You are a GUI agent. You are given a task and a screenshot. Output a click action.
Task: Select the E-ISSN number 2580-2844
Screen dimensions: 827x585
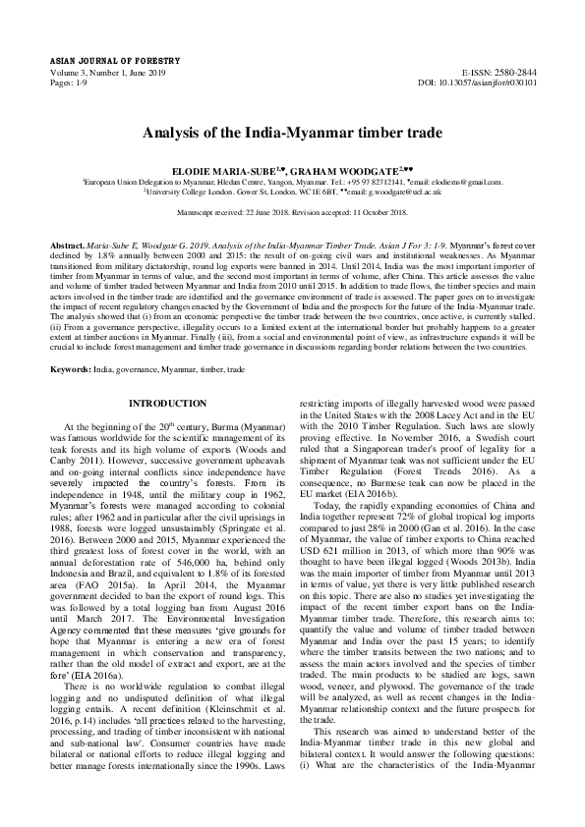[x=514, y=73]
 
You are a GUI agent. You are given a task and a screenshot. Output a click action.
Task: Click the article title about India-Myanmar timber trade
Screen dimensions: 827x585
[x=292, y=133]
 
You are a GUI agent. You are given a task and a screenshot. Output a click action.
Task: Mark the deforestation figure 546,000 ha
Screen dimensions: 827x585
[x=206, y=549]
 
